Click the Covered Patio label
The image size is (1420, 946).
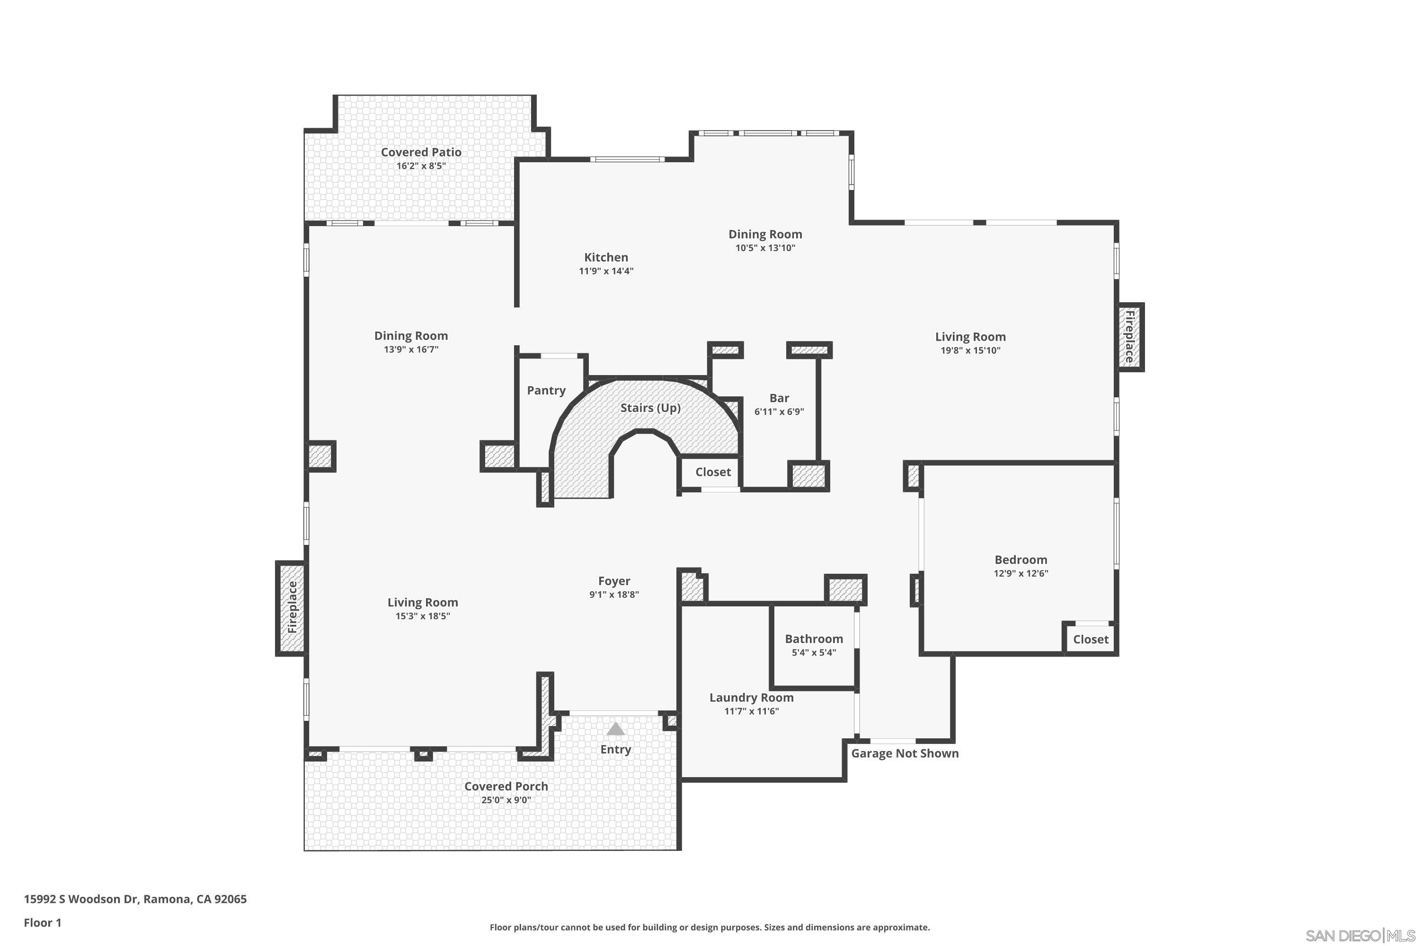tap(421, 152)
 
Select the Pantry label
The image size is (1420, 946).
tap(546, 390)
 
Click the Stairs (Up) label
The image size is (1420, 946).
tap(650, 408)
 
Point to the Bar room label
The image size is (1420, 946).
tap(779, 398)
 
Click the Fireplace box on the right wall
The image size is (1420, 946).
tap(1129, 337)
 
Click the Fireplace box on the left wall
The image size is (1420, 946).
tap(292, 607)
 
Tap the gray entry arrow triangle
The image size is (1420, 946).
tap(615, 729)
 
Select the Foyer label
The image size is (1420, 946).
tap(614, 581)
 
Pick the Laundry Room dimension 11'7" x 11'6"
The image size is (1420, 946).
tap(751, 711)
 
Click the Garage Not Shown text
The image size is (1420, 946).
tap(905, 753)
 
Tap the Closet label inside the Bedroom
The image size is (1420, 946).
tap(1091, 639)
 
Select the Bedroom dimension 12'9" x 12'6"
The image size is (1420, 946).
tap(1021, 574)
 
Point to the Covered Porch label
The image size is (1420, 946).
tap(506, 787)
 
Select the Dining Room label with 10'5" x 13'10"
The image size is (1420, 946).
tap(765, 234)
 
